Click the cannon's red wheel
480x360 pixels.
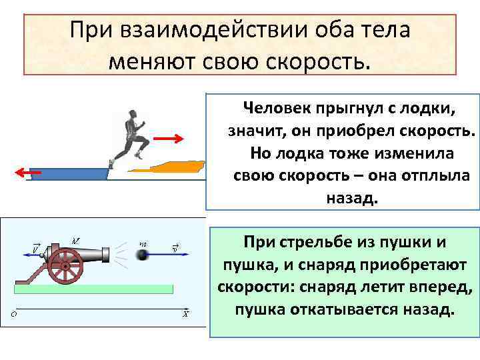pyautogui.click(x=65, y=266)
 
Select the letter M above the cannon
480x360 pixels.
pyautogui.click(x=75, y=240)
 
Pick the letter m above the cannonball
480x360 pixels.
pyautogui.click(x=143, y=243)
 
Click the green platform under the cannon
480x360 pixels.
pyautogui.click(x=93, y=289)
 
